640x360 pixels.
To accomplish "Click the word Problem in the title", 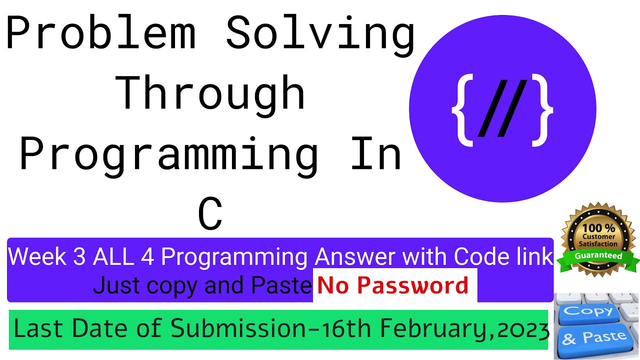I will pos(100,34).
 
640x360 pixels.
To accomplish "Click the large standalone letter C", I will pos(210,214).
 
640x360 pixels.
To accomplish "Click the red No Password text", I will pos(393,285).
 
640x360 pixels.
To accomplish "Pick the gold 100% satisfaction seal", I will pos(597,235).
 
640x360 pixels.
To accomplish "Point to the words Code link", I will pos(503,256).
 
